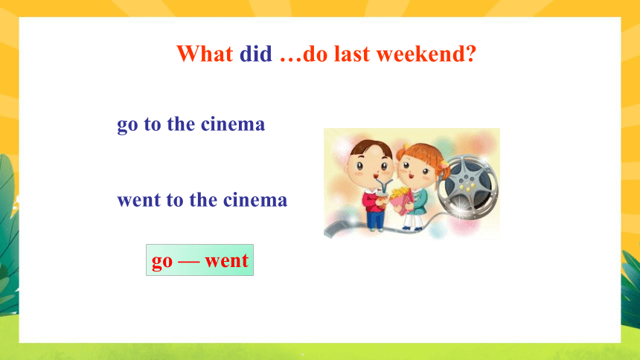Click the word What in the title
point(205,54)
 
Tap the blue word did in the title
point(255,54)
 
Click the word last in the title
point(352,54)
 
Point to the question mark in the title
point(471,54)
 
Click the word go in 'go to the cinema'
point(127,125)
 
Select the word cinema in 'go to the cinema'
point(233,123)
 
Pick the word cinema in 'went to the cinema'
point(255,199)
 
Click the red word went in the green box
point(226,260)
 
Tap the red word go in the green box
point(162,262)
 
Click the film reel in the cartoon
point(468,187)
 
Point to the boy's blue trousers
point(375,219)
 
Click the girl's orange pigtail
point(443,168)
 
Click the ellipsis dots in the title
point(291,60)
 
